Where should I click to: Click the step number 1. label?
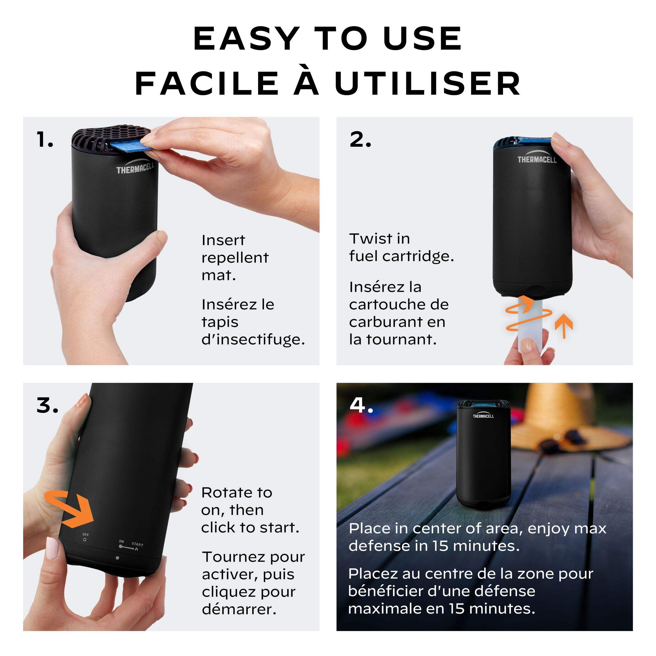pyautogui.click(x=45, y=140)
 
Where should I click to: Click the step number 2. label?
pyautogui.click(x=360, y=140)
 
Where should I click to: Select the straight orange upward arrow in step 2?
pyautogui.click(x=564, y=326)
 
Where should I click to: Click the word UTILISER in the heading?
pyautogui.click(x=428, y=83)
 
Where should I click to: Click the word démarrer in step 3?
pyautogui.click(x=239, y=609)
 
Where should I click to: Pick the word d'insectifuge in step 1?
pyautogui.click(x=253, y=339)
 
